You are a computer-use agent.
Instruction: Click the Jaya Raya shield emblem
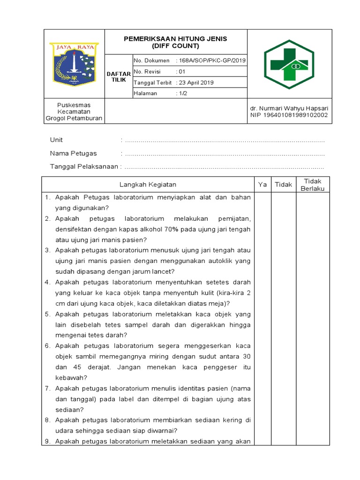click(74, 64)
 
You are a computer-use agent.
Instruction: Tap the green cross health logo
click(290, 64)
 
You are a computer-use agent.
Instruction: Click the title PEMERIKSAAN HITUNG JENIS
click(175, 39)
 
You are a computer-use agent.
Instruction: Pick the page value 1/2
click(182, 93)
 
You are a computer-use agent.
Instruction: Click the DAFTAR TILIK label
click(119, 77)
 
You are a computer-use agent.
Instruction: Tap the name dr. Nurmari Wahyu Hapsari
click(289, 108)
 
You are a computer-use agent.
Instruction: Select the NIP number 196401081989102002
click(289, 115)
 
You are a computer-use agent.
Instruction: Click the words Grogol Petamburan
click(74, 119)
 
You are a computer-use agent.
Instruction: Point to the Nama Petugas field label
click(73, 153)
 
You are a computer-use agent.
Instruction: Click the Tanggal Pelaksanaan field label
click(84, 166)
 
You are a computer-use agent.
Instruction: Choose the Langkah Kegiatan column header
click(148, 185)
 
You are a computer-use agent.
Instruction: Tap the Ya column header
click(262, 185)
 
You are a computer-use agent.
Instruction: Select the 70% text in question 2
click(171, 229)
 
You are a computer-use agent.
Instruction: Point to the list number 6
click(47, 346)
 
